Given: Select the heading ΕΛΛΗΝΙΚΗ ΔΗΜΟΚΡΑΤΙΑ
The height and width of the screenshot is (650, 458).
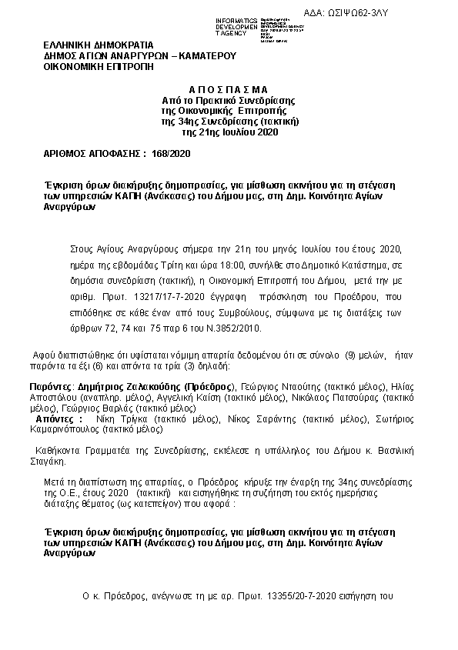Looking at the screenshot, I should (99, 45).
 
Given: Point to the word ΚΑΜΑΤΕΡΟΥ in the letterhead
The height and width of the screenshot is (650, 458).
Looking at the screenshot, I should (206, 55).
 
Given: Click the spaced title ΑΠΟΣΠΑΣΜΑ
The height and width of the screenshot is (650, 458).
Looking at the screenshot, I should (229, 90).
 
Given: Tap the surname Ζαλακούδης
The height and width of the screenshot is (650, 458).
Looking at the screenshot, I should (156, 384).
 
